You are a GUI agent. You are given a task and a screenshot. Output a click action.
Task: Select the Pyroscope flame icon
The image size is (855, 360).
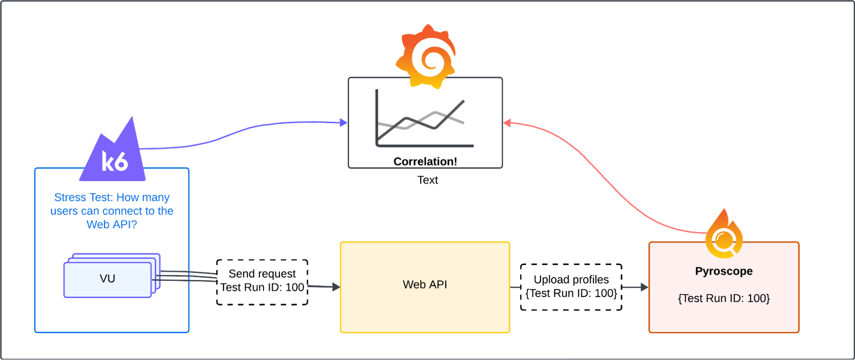(724, 235)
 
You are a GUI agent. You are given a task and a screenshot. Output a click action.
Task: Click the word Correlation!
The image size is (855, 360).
(425, 162)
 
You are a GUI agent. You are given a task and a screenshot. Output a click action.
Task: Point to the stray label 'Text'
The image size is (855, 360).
(427, 180)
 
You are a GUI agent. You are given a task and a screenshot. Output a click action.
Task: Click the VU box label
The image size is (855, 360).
(107, 279)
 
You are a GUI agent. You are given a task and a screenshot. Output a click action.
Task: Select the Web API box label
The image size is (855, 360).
(425, 285)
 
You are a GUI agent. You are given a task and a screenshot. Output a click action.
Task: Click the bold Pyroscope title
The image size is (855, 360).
(724, 271)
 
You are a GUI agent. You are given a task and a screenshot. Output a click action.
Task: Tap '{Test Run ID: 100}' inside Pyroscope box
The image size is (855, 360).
(724, 298)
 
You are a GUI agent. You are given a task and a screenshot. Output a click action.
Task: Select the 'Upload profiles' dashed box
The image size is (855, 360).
(571, 286)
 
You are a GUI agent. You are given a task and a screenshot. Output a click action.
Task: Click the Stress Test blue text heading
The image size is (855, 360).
(112, 211)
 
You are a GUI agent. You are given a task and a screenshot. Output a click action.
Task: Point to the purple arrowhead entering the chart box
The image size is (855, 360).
(343, 123)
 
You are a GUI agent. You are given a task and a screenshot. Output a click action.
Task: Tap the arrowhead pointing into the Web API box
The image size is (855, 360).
(336, 287)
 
